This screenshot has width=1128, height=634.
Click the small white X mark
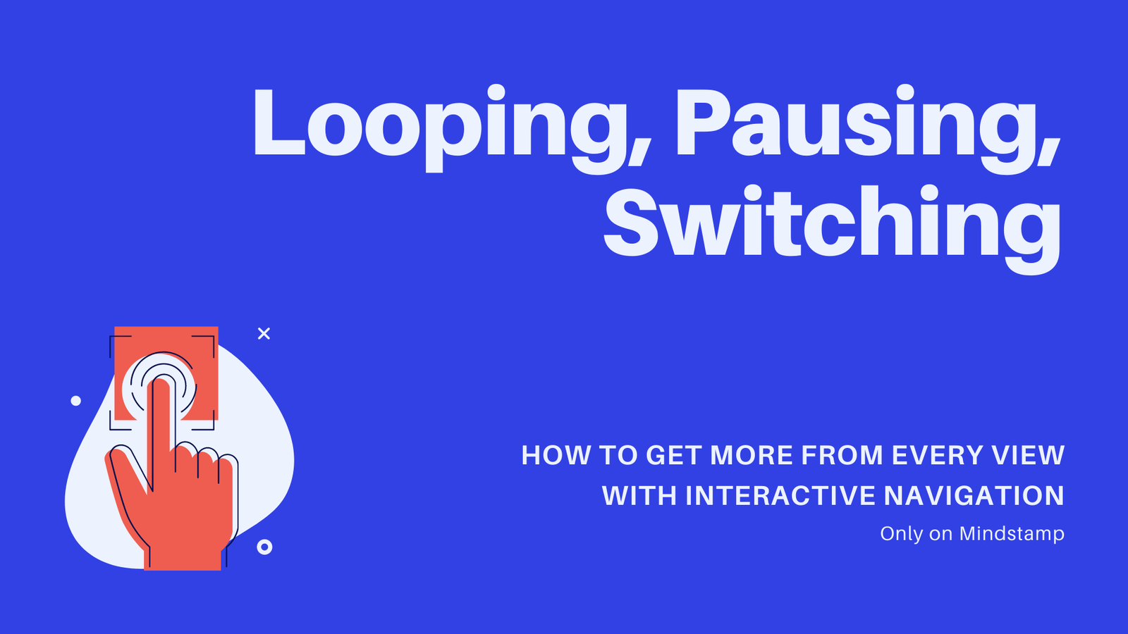(264, 334)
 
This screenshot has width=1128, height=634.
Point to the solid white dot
(75, 401)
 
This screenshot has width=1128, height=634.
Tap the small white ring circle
(264, 547)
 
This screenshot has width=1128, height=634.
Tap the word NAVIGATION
(974, 496)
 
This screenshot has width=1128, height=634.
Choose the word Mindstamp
(1012, 534)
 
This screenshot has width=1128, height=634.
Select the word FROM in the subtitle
(842, 455)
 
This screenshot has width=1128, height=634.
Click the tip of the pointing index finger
(161, 380)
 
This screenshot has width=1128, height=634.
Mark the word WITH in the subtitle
(639, 496)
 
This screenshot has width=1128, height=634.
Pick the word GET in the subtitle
(674, 455)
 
